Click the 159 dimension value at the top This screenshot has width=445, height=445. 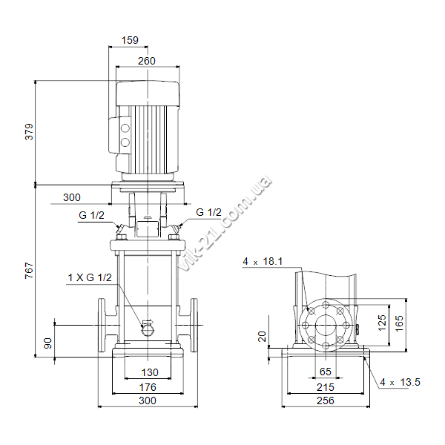pyautogui.click(x=130, y=40)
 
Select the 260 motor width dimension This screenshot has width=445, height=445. pyautogui.click(x=147, y=61)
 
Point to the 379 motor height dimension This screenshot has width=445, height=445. pyautogui.click(x=29, y=132)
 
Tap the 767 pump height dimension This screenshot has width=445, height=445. pyautogui.click(x=29, y=271)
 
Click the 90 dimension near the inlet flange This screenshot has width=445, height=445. pyautogui.click(x=48, y=343)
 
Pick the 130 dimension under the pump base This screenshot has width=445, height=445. pyautogui.click(x=150, y=372)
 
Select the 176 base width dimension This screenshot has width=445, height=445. pyautogui.click(x=148, y=387)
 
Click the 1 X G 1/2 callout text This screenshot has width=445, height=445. pyautogui.click(x=90, y=277)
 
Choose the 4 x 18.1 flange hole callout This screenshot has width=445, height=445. pyautogui.click(x=263, y=261)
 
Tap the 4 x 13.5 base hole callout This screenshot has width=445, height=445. pyautogui.click(x=400, y=382)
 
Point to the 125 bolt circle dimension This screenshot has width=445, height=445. pyautogui.click(x=382, y=323)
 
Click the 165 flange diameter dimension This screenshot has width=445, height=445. pyautogui.click(x=399, y=323)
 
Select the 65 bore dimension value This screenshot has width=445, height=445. pyautogui.click(x=326, y=372)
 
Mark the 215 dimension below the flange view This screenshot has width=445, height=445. pyautogui.click(x=326, y=387)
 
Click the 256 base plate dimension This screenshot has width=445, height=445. pyautogui.click(x=326, y=400)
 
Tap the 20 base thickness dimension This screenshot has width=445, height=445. pyautogui.click(x=262, y=336)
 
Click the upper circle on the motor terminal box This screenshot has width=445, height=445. pyautogui.click(x=125, y=128)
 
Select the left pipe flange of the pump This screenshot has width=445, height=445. pyautogui.click(x=102, y=326)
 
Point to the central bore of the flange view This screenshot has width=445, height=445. pyautogui.click(x=326, y=326)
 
